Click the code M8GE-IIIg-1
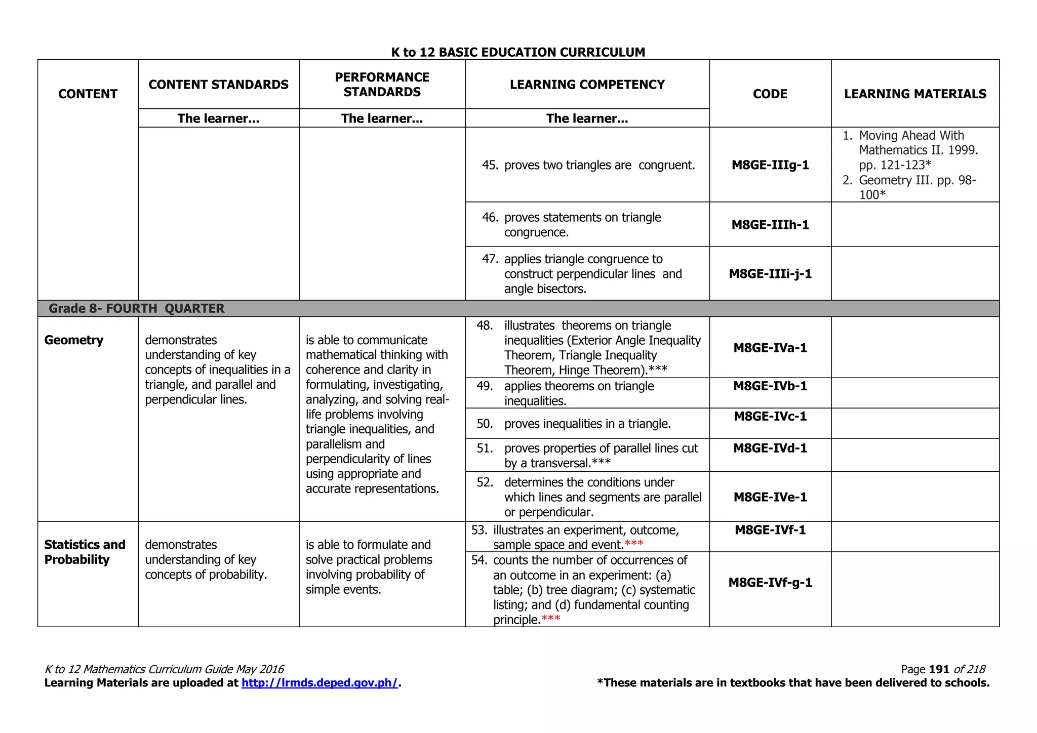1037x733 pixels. (x=770, y=165)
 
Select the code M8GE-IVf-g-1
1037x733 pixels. (x=770, y=583)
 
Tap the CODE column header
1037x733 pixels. (x=770, y=94)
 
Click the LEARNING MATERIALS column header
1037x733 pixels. (x=914, y=94)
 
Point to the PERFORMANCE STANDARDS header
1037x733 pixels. (x=382, y=85)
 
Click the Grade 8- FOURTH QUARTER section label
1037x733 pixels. (x=136, y=308)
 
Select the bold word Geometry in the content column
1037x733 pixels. (x=74, y=340)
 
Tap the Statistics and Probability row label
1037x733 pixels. (x=84, y=552)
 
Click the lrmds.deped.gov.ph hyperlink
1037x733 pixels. (x=320, y=683)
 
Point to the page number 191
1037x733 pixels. (x=939, y=669)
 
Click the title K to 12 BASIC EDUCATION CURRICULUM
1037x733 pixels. (x=518, y=52)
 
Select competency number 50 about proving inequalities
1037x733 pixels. (x=587, y=424)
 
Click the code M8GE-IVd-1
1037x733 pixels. (x=770, y=448)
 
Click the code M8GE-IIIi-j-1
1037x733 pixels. (x=770, y=274)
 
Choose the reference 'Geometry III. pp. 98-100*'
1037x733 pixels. (x=916, y=187)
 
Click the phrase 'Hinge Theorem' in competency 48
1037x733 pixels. (x=600, y=371)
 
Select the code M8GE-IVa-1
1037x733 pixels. (x=770, y=348)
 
